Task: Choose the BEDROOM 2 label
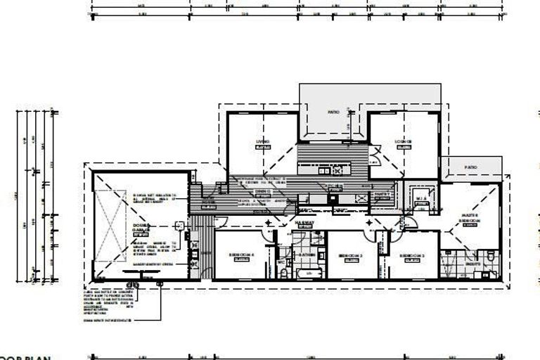(350, 255)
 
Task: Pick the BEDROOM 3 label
(412, 255)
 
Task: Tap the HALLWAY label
(304, 222)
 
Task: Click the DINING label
(263, 191)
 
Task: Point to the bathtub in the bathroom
(308, 272)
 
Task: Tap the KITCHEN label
(335, 184)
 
